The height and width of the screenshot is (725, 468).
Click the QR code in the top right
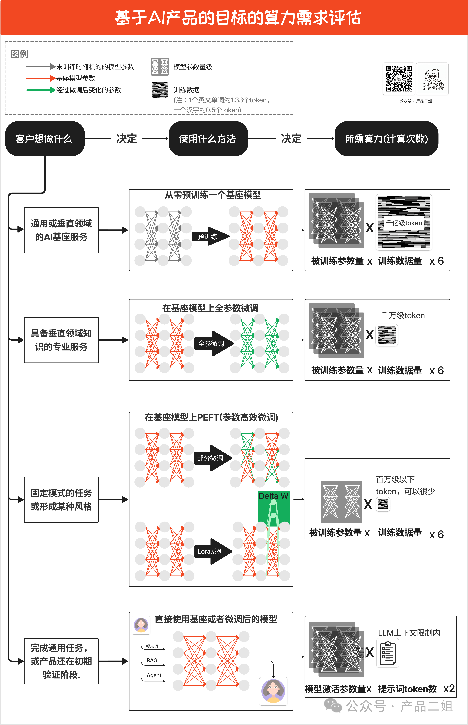point(399,79)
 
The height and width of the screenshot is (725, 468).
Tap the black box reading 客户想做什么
point(45,139)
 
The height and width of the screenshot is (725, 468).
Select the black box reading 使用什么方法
point(208,139)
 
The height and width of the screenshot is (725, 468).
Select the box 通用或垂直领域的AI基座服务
point(61,230)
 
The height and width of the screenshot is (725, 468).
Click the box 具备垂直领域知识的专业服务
point(61,340)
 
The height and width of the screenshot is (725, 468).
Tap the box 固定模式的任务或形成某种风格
point(61,499)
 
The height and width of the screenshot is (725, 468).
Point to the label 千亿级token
point(404,223)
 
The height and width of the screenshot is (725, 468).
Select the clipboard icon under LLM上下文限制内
point(387,653)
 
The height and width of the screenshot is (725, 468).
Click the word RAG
point(152,660)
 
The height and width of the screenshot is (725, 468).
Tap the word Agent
point(154,675)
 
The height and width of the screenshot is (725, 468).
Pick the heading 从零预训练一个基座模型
point(213,195)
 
